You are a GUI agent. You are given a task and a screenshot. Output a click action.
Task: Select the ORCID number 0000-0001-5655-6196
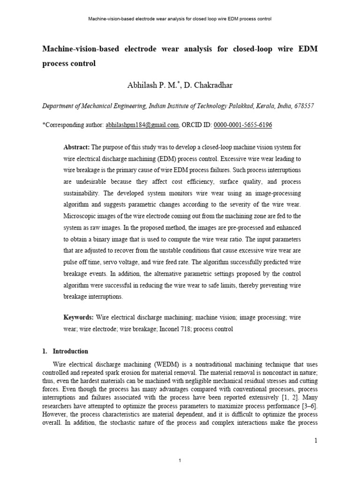[243, 125]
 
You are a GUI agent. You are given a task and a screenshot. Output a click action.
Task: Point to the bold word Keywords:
[79, 318]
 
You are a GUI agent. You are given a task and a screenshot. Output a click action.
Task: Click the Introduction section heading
[70, 351]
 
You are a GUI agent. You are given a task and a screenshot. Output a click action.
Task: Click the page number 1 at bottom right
[316, 440]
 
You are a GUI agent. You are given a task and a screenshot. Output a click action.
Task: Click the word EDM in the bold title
[307, 49]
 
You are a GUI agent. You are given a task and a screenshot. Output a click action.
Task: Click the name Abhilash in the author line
[142, 85]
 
